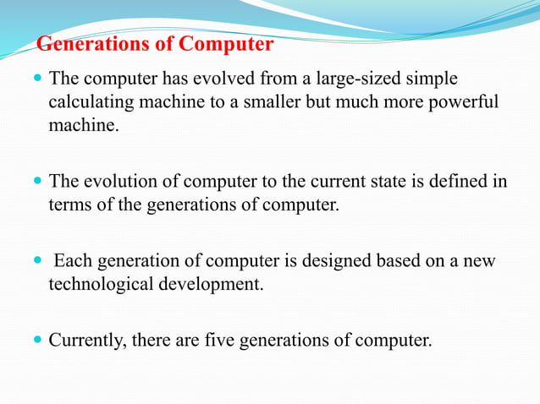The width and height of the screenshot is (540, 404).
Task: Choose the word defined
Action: [x=455, y=181]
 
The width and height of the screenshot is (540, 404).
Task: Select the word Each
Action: [x=70, y=261]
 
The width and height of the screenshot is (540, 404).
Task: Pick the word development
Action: [x=212, y=284]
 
